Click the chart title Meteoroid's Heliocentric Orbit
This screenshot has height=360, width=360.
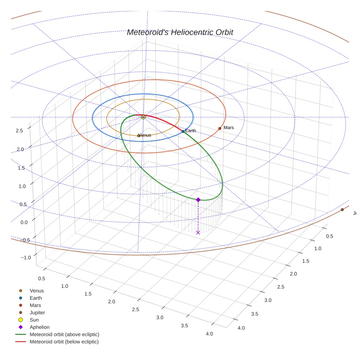(x=180, y=32)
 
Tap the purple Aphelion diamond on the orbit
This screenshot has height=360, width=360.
(x=198, y=200)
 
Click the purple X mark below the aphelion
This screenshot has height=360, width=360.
(x=198, y=232)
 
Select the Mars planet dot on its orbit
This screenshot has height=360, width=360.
(x=220, y=128)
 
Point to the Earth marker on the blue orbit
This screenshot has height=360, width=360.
(x=183, y=131)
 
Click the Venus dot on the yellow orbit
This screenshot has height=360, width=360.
(x=139, y=136)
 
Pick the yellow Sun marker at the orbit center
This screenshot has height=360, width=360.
(x=143, y=117)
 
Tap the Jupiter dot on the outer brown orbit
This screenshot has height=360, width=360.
(x=342, y=210)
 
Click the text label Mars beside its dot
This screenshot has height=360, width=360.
(x=229, y=128)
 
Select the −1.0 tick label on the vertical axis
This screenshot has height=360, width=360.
(x=26, y=258)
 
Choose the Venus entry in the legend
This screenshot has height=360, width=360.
(x=37, y=291)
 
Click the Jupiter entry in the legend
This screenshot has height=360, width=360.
(x=37, y=313)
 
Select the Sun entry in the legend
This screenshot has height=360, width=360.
(x=34, y=320)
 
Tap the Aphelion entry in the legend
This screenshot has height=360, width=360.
(x=40, y=327)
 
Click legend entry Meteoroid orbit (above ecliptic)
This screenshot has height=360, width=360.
(x=64, y=334)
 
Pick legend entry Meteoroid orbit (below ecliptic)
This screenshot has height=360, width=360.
(x=64, y=342)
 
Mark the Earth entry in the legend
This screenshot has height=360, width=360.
(x=35, y=298)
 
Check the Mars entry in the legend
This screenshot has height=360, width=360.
(x=35, y=305)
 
